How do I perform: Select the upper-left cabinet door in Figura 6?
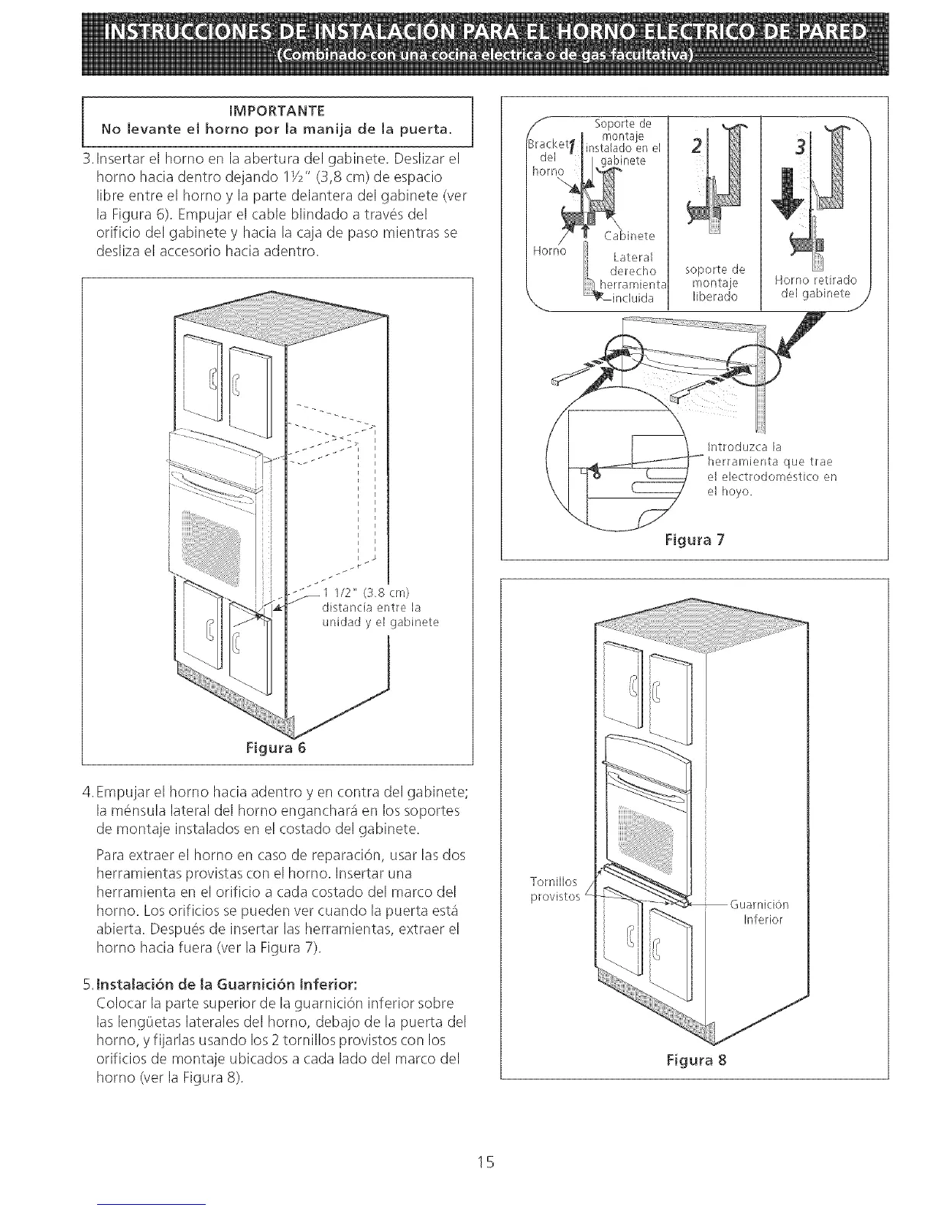point(202,365)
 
